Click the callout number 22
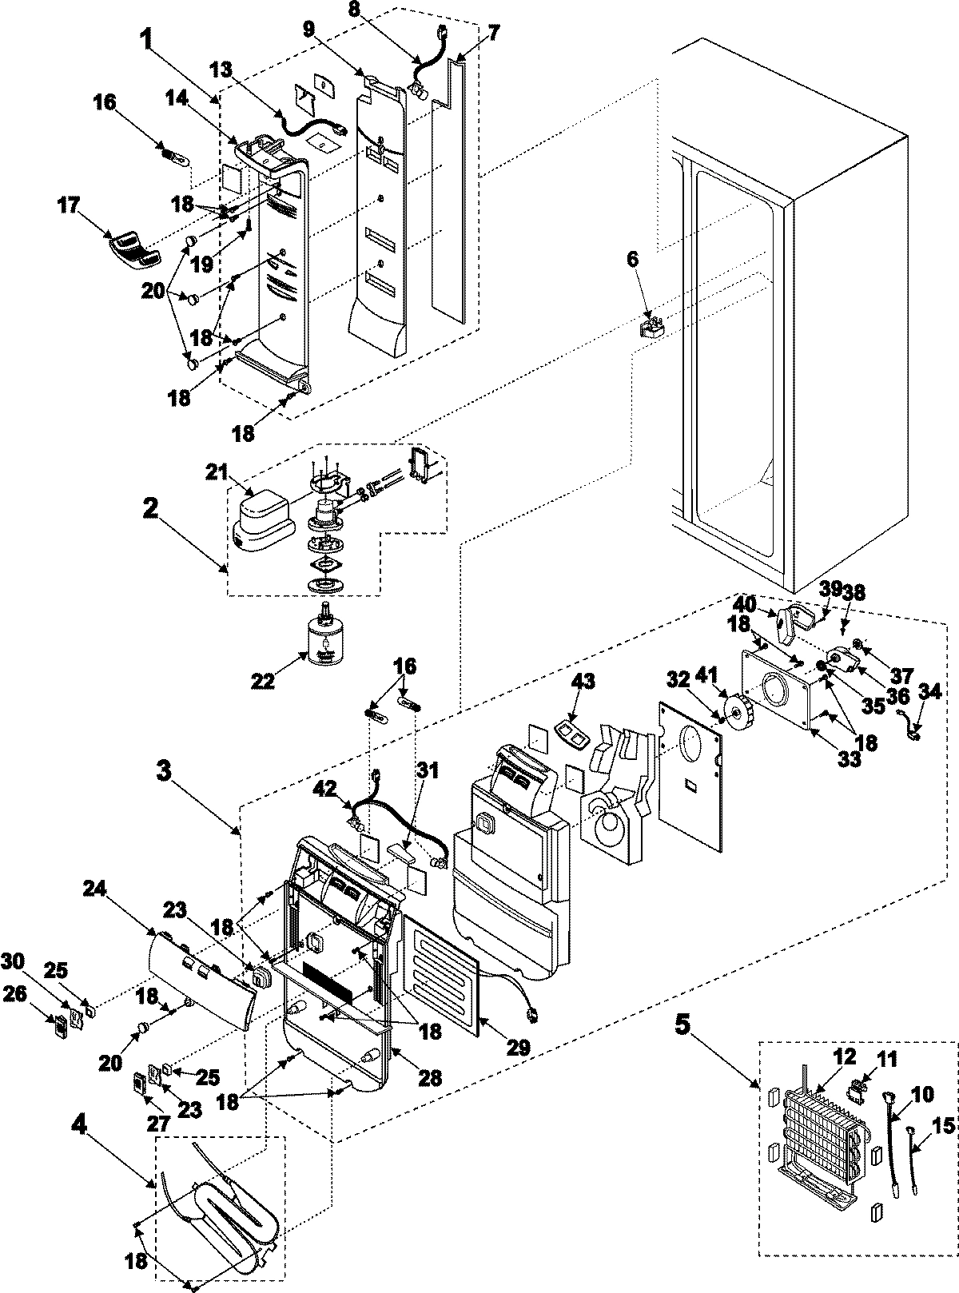pyautogui.click(x=263, y=681)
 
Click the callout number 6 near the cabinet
pyautogui.click(x=632, y=258)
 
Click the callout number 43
pyautogui.click(x=583, y=681)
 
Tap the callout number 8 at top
pyautogui.click(x=377, y=13)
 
